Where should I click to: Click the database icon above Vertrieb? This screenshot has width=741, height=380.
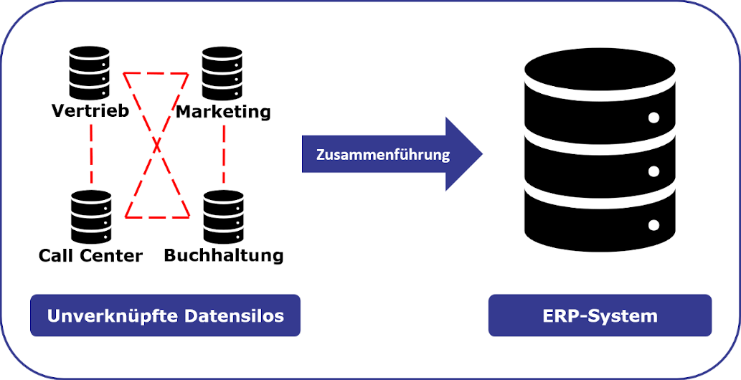point(89,73)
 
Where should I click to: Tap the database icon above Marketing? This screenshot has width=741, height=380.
point(222,73)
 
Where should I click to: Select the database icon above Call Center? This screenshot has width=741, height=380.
point(91,217)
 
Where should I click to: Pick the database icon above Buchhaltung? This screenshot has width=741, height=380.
point(223,217)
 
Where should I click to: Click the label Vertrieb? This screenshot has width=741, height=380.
point(90,111)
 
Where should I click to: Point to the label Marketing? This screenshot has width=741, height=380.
point(223,112)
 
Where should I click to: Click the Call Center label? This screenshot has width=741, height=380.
point(90,255)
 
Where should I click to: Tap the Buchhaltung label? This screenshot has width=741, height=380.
point(224,255)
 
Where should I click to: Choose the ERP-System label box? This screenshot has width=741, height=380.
point(600,315)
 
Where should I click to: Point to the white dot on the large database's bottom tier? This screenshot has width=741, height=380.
point(653,225)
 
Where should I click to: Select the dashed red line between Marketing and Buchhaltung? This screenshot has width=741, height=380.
point(224,153)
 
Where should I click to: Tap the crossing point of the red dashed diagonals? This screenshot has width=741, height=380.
point(158,146)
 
